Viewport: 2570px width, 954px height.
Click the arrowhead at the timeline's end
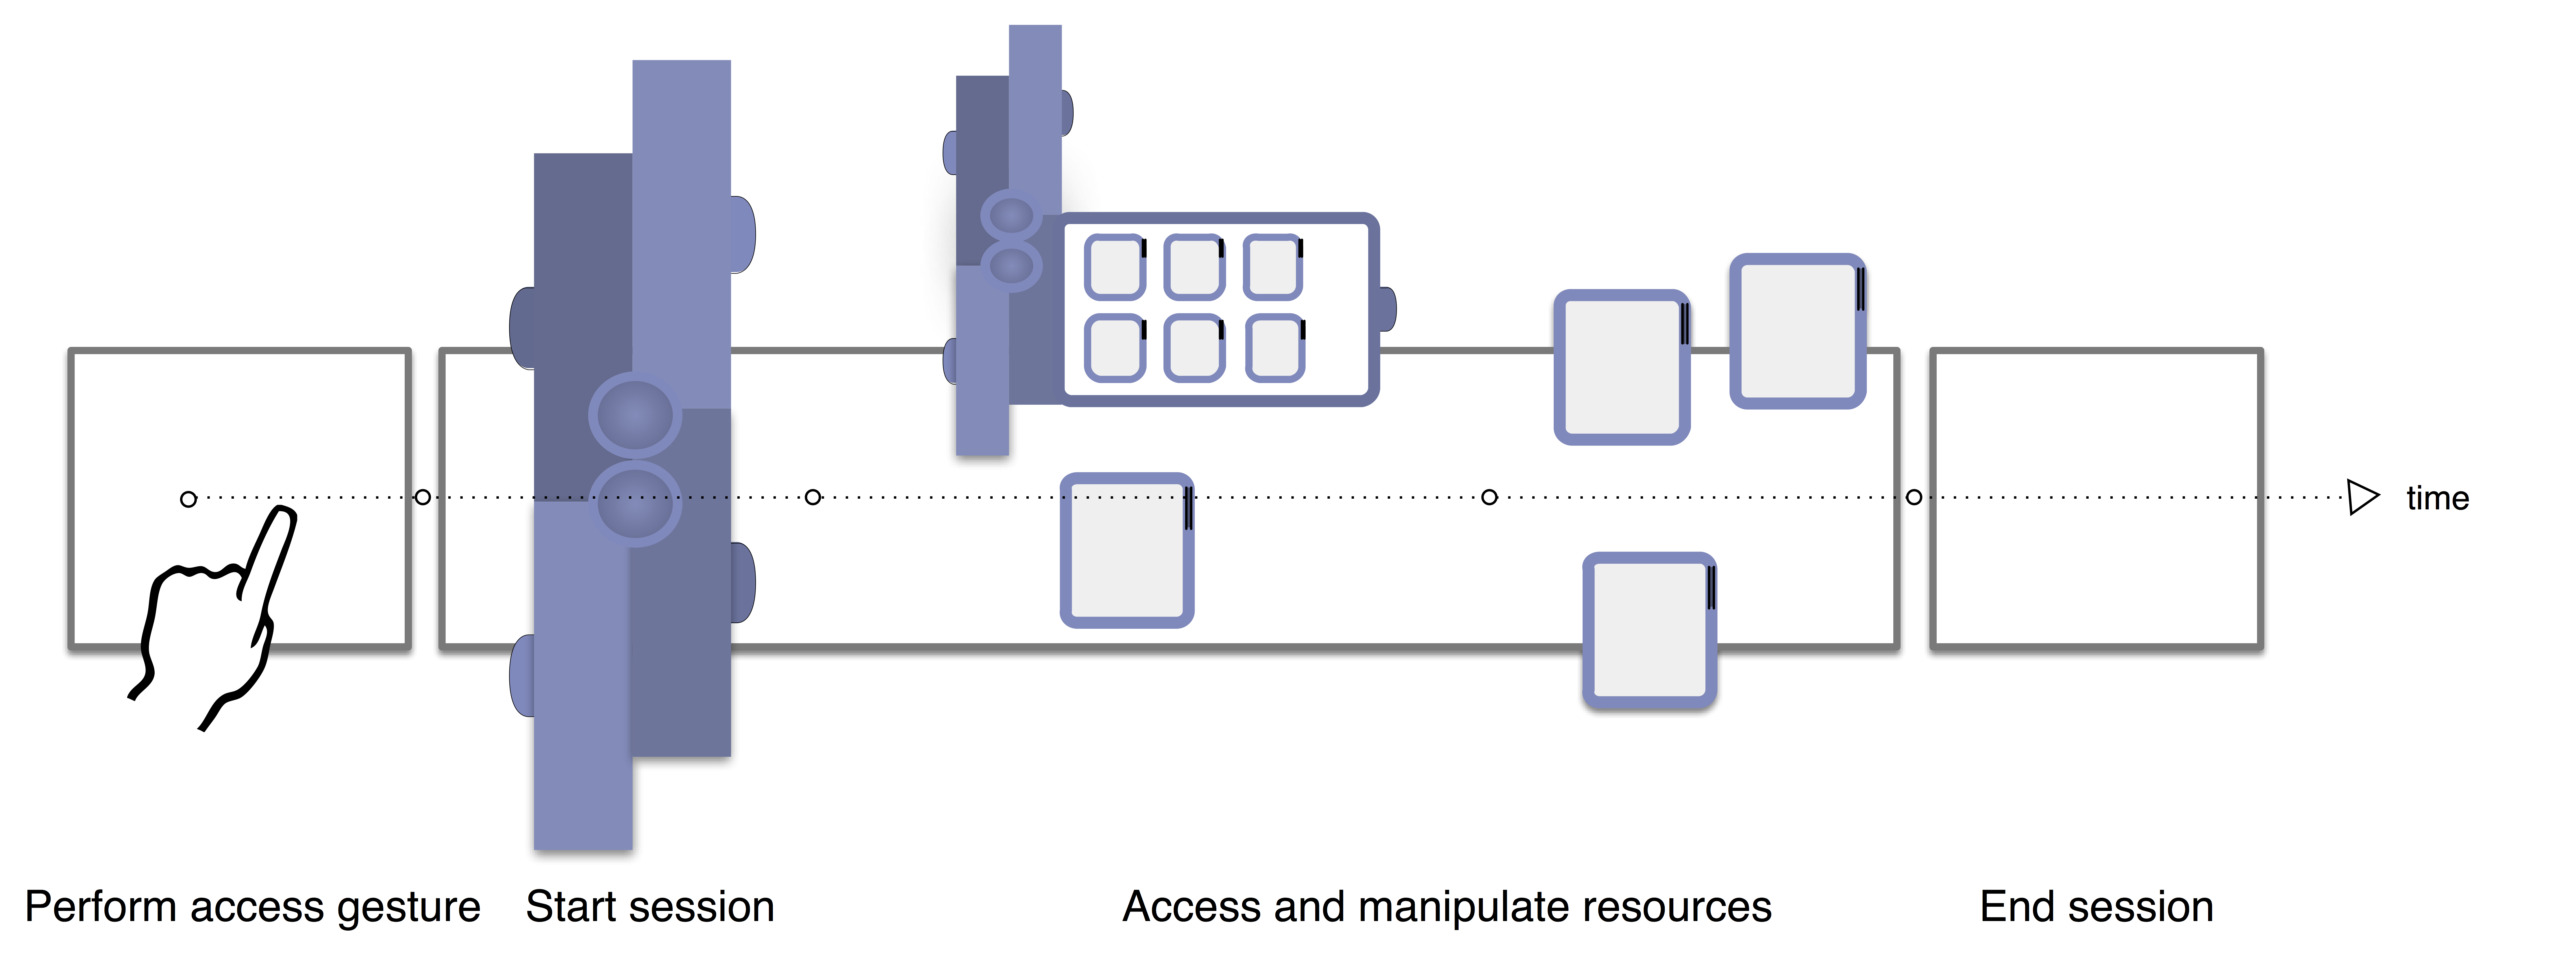(x=2362, y=497)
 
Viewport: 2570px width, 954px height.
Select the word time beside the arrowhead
(x=2437, y=498)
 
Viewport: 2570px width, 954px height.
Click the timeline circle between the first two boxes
(x=423, y=497)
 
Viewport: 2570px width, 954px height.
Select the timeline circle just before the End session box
(x=1914, y=497)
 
